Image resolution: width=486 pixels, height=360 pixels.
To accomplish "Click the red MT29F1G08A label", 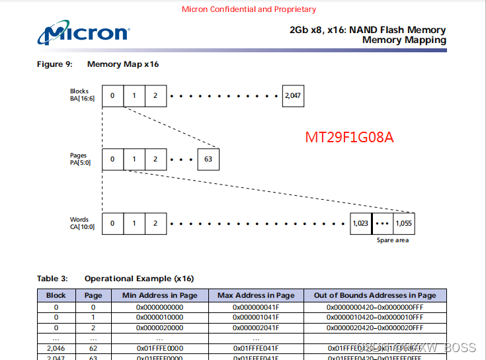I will tap(349, 137).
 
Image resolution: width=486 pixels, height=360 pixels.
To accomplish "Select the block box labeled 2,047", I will tap(293, 96).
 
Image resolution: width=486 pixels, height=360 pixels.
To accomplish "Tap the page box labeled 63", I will tap(208, 159).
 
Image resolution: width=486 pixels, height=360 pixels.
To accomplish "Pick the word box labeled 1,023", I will tap(360, 224).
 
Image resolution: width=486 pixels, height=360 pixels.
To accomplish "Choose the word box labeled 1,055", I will tap(403, 224).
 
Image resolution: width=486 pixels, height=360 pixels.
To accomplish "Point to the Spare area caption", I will tap(393, 240).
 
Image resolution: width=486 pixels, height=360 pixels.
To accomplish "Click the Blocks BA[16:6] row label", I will tap(83, 95).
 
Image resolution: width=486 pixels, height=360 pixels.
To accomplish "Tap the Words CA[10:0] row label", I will tap(83, 223).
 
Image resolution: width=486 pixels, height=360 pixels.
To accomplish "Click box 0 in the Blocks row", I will tap(112, 96).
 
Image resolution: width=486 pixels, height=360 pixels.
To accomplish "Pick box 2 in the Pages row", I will tap(155, 159).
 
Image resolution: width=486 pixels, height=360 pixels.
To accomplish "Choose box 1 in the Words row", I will tap(134, 224).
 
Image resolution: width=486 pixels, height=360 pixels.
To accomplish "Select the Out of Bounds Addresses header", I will tap(375, 295).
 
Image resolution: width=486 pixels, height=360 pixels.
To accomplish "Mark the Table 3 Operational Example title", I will tap(115, 279).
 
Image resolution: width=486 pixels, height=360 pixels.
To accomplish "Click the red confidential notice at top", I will tap(249, 9).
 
